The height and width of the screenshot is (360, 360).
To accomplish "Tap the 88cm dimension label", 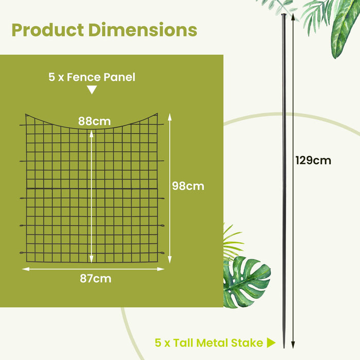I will (95, 121).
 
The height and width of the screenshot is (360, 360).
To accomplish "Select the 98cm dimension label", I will (188, 186).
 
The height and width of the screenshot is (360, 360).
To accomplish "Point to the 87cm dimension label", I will (96, 279).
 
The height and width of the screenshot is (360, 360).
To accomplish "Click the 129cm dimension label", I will (313, 160).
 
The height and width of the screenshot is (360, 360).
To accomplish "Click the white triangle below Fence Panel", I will (92, 90).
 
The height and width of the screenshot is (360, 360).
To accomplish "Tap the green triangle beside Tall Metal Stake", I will (272, 343).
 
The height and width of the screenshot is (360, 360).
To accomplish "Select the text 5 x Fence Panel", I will (92, 78).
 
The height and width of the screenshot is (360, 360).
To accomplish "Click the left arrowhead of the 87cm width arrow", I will (24, 268).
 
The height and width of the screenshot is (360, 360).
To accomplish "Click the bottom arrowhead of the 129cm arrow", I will (293, 346).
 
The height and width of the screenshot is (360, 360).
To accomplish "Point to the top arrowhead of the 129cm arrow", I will (293, 17).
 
